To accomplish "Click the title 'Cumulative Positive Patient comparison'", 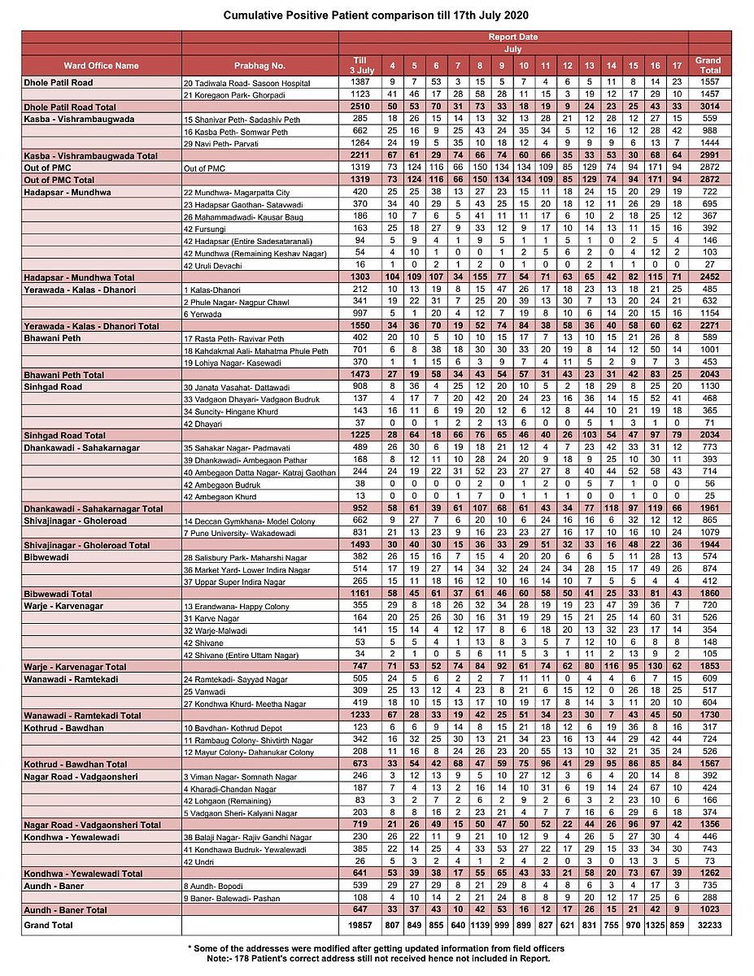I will click(376, 15).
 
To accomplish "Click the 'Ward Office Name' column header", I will click(101, 65).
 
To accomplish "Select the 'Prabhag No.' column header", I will click(259, 65).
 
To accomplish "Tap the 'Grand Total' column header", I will click(708, 65).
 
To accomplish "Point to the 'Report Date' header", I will click(512, 37).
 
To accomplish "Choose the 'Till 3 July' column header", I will click(360, 65).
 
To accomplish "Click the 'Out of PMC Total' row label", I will click(59, 180).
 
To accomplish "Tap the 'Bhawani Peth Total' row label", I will click(63, 375).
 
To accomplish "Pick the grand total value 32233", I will click(708, 925).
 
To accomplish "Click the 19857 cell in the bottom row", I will click(360, 925).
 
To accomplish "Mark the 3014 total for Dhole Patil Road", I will click(708, 107).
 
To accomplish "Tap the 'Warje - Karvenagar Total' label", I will click(75, 667).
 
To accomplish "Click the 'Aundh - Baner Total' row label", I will click(65, 910).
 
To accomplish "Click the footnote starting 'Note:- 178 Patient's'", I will click(376, 958).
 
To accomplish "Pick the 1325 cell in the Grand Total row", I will click(656, 925).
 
